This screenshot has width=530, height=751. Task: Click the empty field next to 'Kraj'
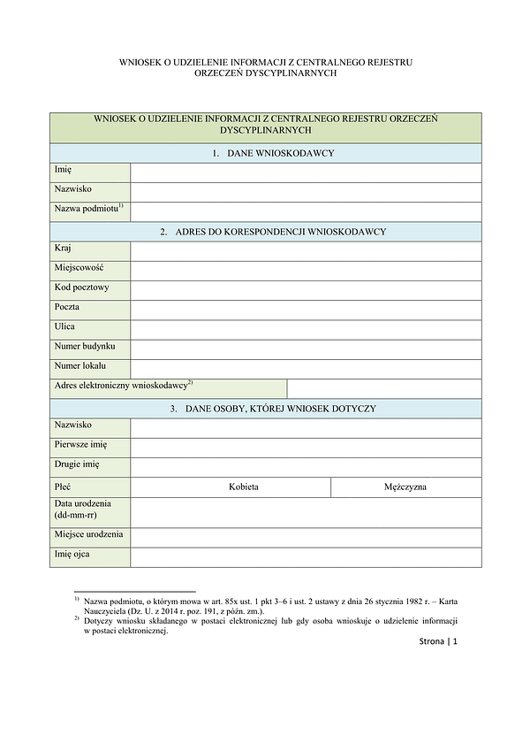(x=306, y=251)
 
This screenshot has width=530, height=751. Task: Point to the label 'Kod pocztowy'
(x=81, y=287)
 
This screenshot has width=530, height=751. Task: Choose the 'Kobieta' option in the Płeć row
(x=244, y=487)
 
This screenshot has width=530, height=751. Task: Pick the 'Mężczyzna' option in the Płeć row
(x=406, y=487)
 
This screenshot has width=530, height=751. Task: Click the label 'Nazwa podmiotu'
(x=88, y=209)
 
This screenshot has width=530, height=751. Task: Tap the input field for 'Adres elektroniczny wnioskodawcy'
(x=384, y=388)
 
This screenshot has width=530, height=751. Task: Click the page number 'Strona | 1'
(x=439, y=641)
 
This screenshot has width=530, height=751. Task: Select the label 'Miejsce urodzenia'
(x=88, y=535)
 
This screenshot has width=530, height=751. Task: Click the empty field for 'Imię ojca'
(x=306, y=556)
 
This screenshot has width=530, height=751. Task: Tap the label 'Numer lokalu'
(x=80, y=365)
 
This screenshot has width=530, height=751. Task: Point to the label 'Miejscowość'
(x=79, y=268)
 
